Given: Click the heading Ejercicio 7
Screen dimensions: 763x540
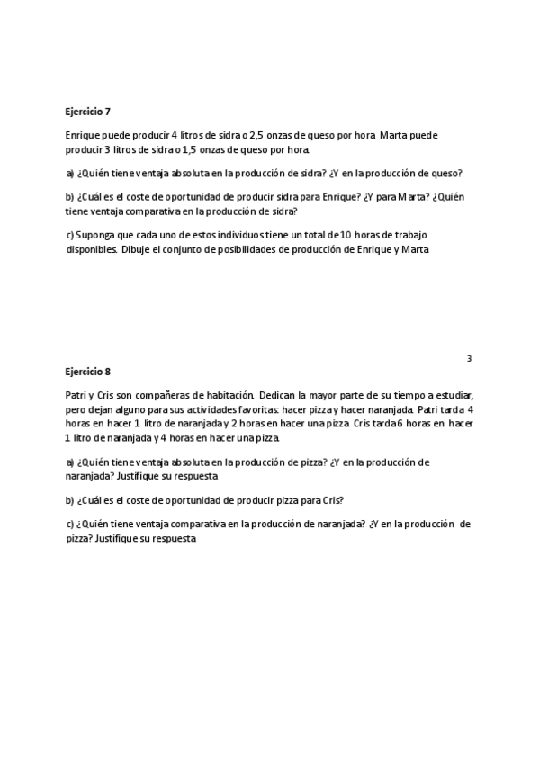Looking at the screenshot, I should point(87,112).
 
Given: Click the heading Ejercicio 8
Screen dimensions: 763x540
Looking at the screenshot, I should point(87,371).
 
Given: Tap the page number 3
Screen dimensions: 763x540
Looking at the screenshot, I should point(469,359).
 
